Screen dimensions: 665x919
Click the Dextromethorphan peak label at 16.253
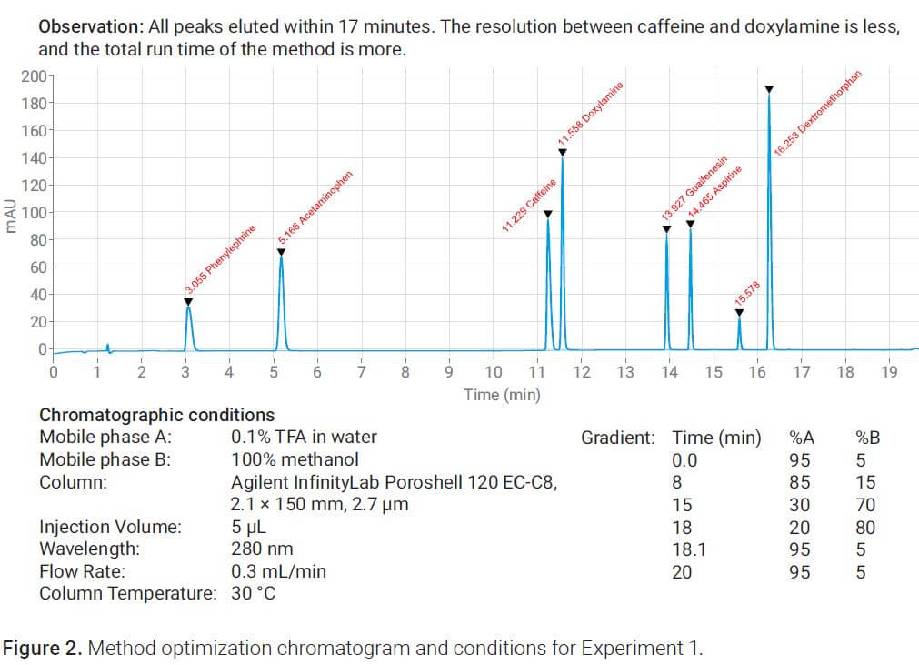pyautogui.click(x=817, y=113)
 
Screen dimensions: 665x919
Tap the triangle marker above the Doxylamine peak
pyautogui.click(x=563, y=152)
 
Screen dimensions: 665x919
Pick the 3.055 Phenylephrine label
pyautogui.click(x=220, y=259)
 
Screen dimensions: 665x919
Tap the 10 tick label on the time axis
pyautogui.click(x=494, y=373)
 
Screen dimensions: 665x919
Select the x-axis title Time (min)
pyautogui.click(x=502, y=394)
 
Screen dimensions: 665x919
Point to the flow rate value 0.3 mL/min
pyautogui.click(x=278, y=571)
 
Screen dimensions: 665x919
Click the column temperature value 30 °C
pyautogui.click(x=254, y=594)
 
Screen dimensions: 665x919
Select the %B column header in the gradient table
pyautogui.click(x=867, y=438)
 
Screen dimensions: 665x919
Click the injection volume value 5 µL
pyautogui.click(x=248, y=527)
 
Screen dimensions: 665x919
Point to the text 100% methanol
pyautogui.click(x=295, y=459)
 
